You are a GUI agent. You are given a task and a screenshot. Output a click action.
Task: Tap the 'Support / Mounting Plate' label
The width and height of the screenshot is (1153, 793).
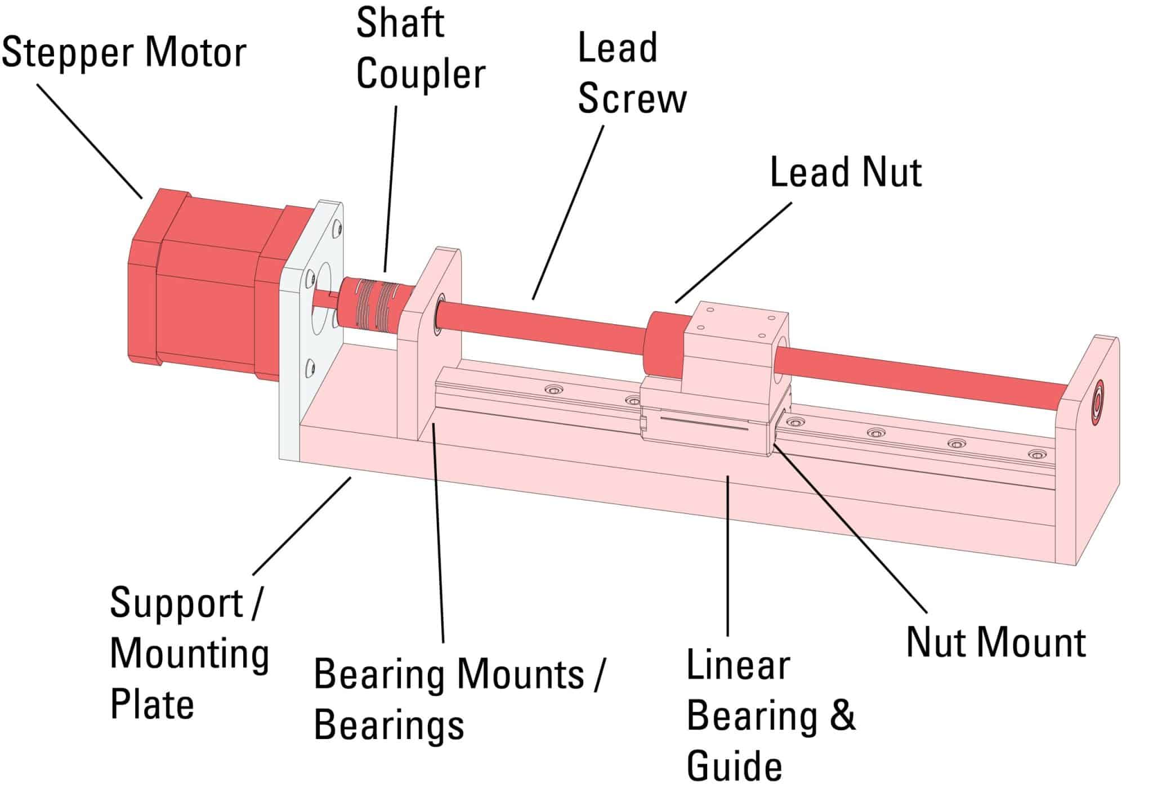point(189,653)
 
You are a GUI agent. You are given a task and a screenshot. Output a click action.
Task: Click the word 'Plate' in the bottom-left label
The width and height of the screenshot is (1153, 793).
point(152,704)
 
